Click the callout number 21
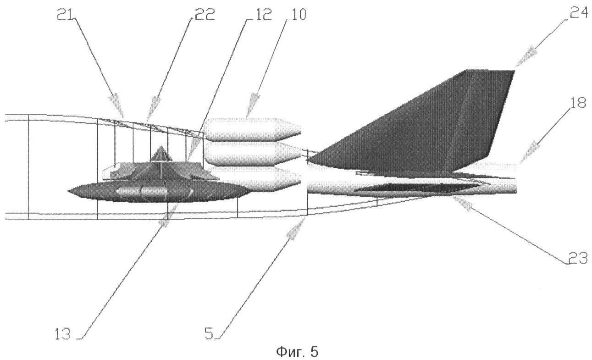coord(65,15)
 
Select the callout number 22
coord(205,15)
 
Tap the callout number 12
coord(262,15)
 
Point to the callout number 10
coord(297,15)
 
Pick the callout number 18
coord(578,103)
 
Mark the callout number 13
coord(63,334)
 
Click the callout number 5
coord(209,334)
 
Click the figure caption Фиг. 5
coord(297,352)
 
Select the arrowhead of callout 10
coord(252,105)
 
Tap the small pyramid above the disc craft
coord(160,154)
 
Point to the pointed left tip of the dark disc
coord(68,191)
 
